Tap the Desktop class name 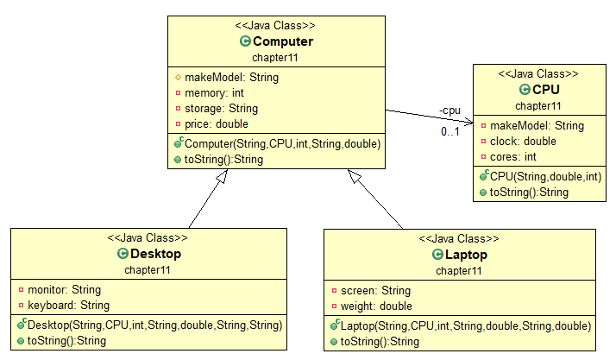point(154,254)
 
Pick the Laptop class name point(468,255)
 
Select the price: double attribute point(217,123)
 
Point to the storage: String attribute point(221,108)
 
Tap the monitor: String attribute point(64,289)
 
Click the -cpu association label point(449,111)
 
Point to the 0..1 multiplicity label point(450,132)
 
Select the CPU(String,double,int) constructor point(545,176)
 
